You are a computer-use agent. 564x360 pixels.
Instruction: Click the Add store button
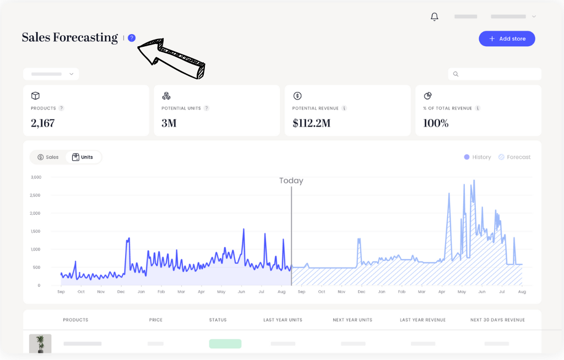(x=507, y=39)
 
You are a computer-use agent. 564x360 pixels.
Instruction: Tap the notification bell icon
(x=435, y=17)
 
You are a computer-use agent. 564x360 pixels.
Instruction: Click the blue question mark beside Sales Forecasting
(x=132, y=38)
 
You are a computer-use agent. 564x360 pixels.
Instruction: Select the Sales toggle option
(x=48, y=157)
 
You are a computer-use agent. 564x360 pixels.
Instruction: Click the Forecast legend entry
(x=514, y=157)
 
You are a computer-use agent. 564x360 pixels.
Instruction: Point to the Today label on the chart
(x=291, y=181)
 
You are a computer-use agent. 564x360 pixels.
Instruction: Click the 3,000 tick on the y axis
(x=36, y=177)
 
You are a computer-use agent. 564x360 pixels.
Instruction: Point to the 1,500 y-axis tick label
(x=36, y=231)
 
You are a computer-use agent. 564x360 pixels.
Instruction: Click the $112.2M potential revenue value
(x=311, y=123)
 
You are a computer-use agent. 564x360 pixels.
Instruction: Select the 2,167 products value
(x=42, y=123)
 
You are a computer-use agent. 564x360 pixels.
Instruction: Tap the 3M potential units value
(x=169, y=123)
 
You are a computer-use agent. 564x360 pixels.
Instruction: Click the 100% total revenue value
(x=436, y=123)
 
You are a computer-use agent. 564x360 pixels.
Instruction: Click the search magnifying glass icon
(x=455, y=74)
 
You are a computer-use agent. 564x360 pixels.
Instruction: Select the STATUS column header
(x=218, y=320)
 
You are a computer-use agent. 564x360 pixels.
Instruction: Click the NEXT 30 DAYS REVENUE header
(x=497, y=320)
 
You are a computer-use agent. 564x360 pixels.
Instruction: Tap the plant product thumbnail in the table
(x=40, y=343)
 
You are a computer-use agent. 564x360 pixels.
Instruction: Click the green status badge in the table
(x=225, y=343)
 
